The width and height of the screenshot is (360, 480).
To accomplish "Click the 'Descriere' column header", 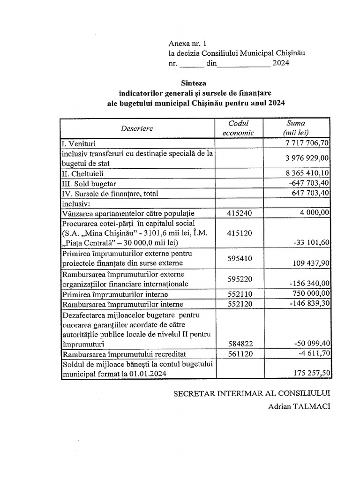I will (136, 128).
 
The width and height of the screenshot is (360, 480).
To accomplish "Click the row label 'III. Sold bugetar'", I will (89, 184).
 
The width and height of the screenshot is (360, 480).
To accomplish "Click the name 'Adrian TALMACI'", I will (299, 406).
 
